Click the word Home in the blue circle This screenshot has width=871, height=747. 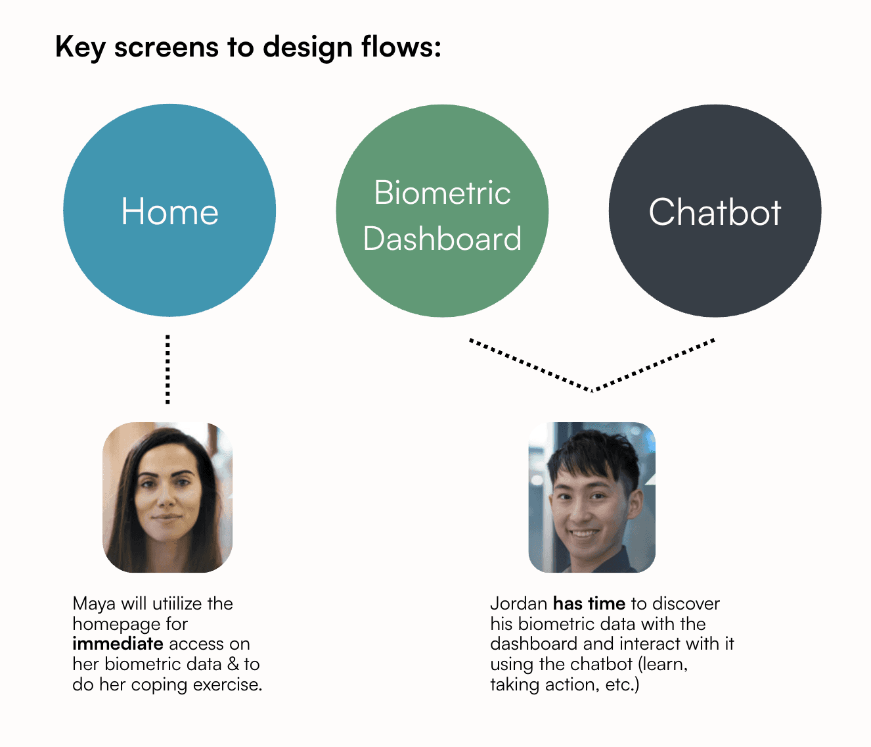[x=170, y=211]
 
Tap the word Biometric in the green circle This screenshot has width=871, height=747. [x=443, y=192]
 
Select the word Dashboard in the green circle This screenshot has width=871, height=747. [x=443, y=238]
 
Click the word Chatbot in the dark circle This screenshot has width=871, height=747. [x=715, y=212]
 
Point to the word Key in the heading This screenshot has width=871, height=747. [x=80, y=47]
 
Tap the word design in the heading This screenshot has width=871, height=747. [x=307, y=47]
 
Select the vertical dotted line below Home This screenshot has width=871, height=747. [x=167, y=369]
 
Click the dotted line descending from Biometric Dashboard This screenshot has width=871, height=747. [x=530, y=365]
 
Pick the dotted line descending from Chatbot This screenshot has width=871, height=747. [x=654, y=364]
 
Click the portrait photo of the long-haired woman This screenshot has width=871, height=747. [x=167, y=497]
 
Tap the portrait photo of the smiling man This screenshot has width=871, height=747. [x=592, y=497]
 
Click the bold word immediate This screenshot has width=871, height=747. [x=118, y=644]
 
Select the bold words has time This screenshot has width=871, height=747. [x=589, y=604]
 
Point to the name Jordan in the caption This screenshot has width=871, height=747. [x=519, y=604]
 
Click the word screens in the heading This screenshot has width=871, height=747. [x=166, y=47]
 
